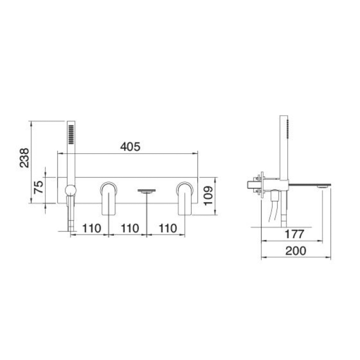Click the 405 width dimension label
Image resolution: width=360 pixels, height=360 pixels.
[x=130, y=147]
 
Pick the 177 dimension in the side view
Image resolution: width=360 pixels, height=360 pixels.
[x=294, y=234]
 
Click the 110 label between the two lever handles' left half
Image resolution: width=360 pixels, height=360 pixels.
[x=129, y=228]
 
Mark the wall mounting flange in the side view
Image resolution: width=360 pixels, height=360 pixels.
[x=262, y=184]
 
